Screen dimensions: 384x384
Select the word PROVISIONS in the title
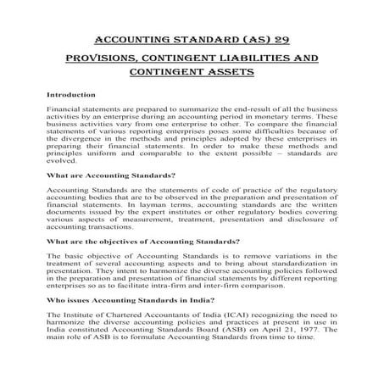coord(108,58)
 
